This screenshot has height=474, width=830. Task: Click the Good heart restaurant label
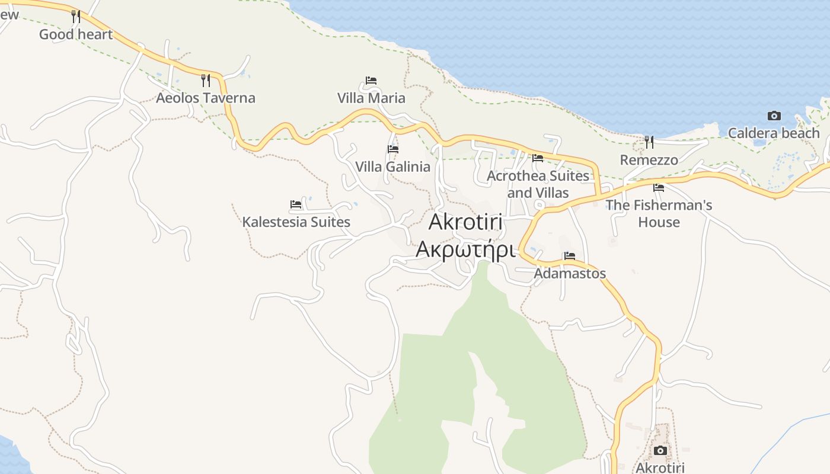pos(76,34)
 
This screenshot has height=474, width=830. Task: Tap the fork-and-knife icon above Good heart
pos(76,16)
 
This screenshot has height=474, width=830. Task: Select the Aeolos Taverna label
pos(205,98)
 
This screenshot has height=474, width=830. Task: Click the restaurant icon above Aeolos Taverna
pos(206,80)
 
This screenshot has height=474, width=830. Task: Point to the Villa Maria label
pos(371,98)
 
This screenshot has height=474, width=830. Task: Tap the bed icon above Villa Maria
pos(371,81)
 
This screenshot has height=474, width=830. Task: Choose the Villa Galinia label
pos(392,166)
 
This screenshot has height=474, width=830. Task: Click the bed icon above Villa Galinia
pos(392,149)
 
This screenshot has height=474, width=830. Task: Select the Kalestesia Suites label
pos(296,222)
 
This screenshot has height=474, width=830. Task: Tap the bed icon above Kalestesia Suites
pos(296,204)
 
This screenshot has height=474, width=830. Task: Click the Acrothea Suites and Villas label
pos(538,184)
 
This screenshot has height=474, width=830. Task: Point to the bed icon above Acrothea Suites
pos(538,158)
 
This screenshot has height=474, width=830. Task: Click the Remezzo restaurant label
pos(649,160)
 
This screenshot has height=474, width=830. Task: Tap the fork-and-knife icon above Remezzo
pos(649,142)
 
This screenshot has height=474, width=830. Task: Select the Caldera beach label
pos(774,133)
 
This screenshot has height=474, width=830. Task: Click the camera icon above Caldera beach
pos(774,116)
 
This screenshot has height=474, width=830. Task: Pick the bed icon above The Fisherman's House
pos(659,188)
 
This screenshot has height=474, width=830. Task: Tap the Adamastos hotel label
pos(570,273)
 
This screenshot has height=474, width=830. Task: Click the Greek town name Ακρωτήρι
pos(465,249)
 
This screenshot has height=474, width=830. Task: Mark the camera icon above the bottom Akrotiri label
pos(660,451)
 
